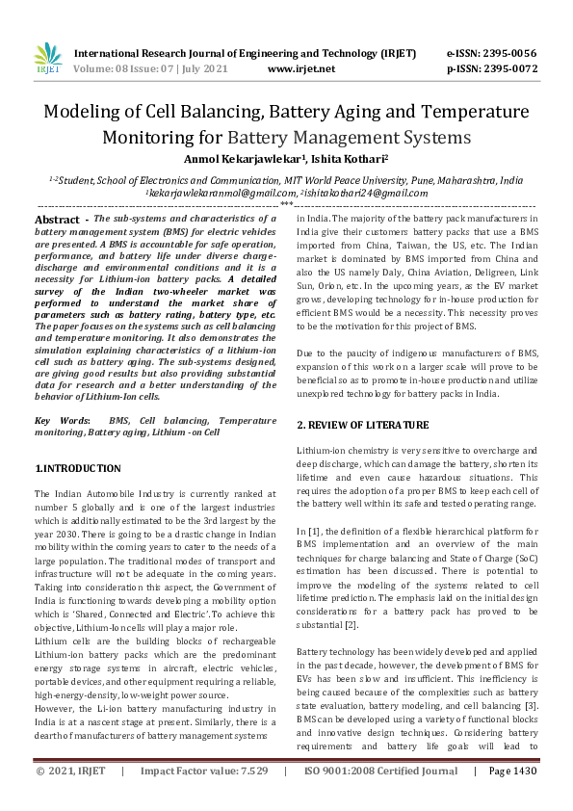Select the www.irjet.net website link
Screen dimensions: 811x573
point(301,69)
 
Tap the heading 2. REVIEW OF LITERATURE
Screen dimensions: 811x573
point(362,425)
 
